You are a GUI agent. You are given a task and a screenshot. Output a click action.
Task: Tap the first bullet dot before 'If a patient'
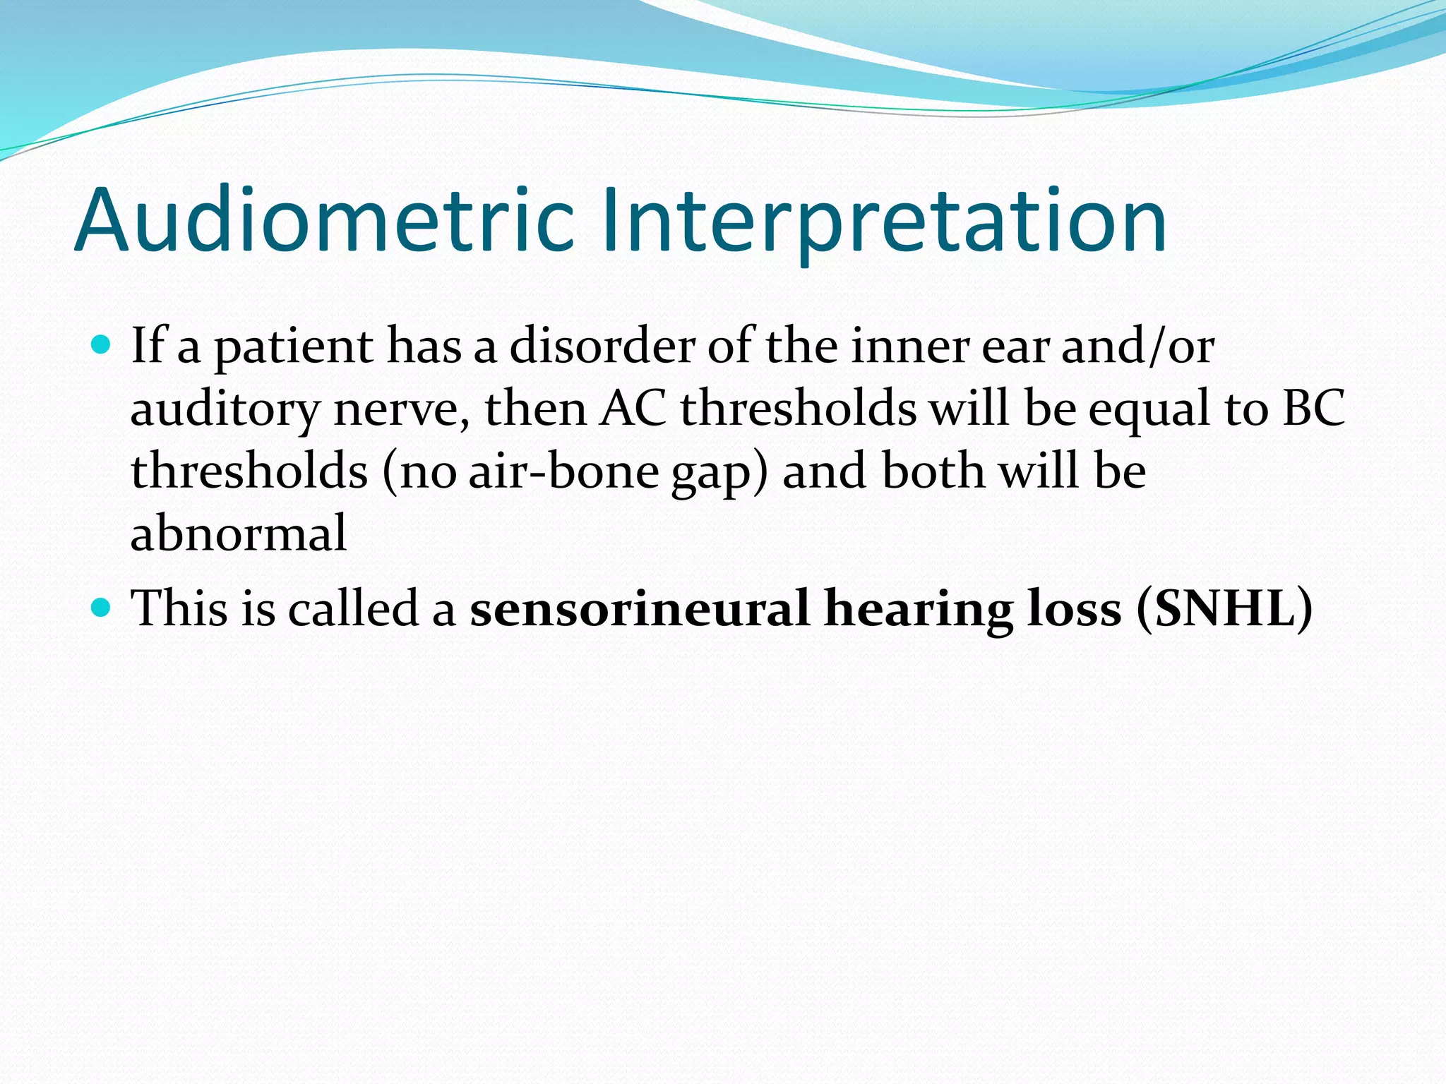coord(102,345)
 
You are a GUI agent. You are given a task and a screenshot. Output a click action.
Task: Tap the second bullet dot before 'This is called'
coord(102,607)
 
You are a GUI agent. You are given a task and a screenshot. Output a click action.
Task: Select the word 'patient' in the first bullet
coord(293,348)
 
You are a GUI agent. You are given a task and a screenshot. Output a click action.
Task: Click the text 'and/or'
coord(1137,347)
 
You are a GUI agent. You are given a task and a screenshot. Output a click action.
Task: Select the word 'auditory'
coord(225,410)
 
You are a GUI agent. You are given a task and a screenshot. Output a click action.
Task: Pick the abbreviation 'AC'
coord(633,409)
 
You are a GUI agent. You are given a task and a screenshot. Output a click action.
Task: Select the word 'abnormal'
coord(239,533)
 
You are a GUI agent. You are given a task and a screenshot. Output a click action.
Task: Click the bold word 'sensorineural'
coord(639,608)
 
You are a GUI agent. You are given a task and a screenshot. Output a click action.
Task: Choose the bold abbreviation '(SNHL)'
coord(1224,608)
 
